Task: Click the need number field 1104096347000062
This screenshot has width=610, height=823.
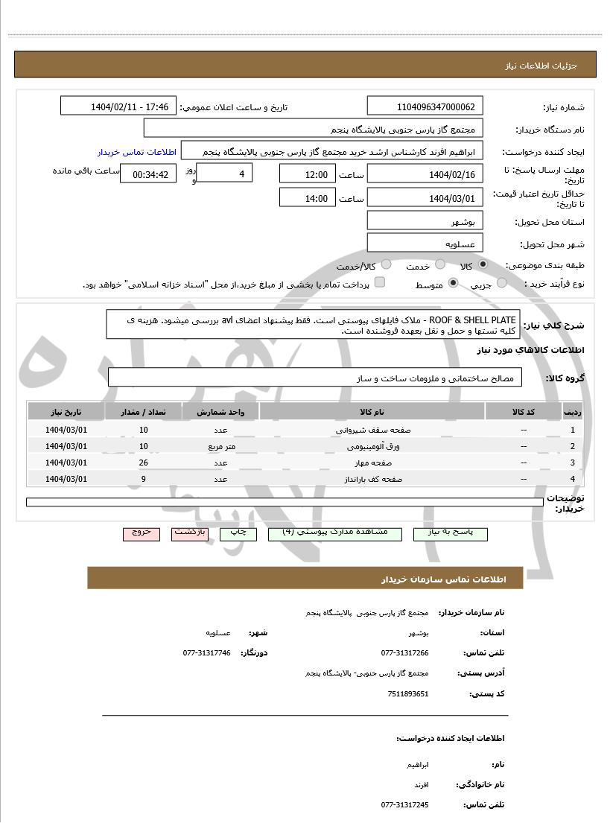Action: point(425,107)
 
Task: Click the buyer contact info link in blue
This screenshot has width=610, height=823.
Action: point(136,151)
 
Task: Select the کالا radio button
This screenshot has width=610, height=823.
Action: point(483,265)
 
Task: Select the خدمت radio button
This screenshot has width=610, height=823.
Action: point(440,265)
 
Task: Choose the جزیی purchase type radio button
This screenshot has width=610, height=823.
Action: point(501,283)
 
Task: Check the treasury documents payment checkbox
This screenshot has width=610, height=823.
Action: point(379,282)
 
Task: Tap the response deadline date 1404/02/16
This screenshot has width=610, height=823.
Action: point(425,175)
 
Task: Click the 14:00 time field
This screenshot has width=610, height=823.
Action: point(307,198)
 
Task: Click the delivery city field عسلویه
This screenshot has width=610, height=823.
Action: point(425,244)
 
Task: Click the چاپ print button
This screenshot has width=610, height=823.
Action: point(238,533)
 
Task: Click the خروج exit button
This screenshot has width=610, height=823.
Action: point(142,533)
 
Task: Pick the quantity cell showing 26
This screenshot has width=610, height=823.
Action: point(144,463)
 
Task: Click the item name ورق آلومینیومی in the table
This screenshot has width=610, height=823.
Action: point(373,446)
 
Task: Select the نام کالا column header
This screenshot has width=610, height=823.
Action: point(372,412)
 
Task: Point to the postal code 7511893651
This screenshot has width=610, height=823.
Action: point(408,693)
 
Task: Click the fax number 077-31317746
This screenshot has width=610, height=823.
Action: point(207,652)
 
